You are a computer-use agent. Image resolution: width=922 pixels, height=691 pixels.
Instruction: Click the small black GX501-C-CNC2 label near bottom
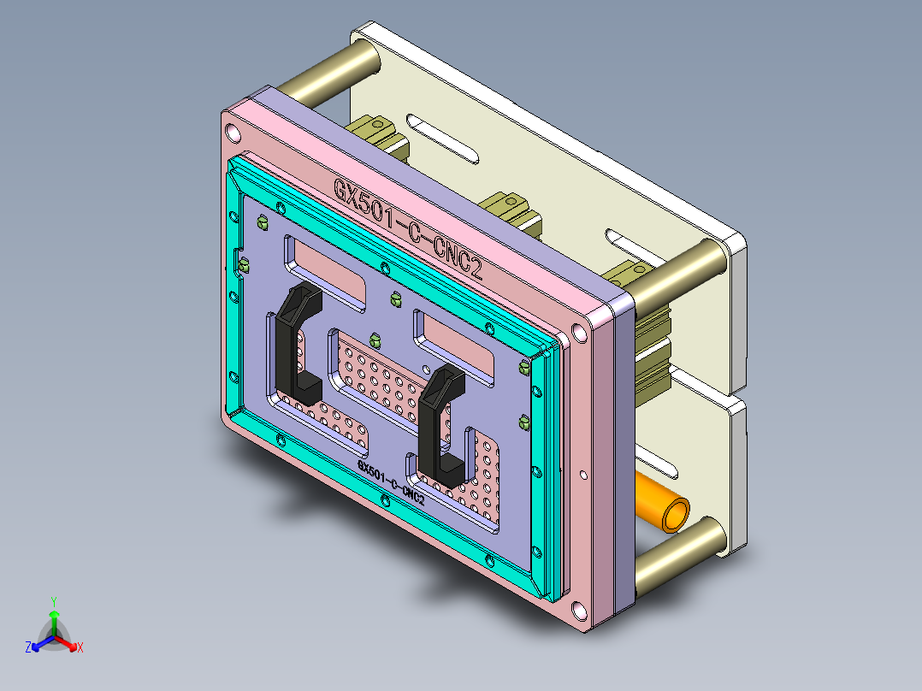click(391, 485)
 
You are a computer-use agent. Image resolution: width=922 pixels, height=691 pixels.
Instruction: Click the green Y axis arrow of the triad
click(53, 615)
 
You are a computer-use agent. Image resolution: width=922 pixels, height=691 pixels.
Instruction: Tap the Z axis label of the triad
click(28, 648)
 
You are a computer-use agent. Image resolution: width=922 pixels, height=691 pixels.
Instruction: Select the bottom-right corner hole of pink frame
click(579, 611)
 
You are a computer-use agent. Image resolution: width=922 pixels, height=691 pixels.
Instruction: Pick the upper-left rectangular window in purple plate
click(325, 272)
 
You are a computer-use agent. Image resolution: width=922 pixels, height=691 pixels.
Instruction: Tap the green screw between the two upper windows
click(395, 298)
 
